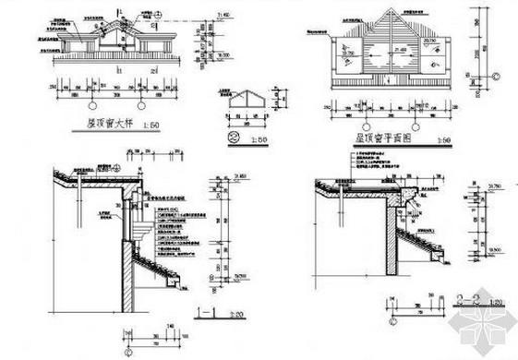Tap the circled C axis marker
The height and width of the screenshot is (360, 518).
coord(496,78)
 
